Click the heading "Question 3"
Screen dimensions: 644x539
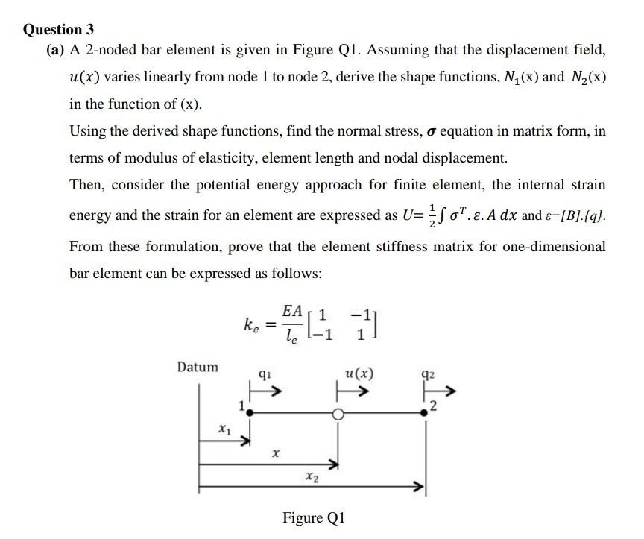[x=59, y=30]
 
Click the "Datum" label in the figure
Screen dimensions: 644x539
[x=198, y=367]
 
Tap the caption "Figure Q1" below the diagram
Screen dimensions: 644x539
[x=314, y=517]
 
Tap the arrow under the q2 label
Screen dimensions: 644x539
[x=438, y=392]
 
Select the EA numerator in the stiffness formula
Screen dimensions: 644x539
[x=292, y=309]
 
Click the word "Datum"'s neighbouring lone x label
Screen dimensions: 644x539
[x=275, y=452]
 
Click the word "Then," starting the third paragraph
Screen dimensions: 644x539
[x=87, y=184]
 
